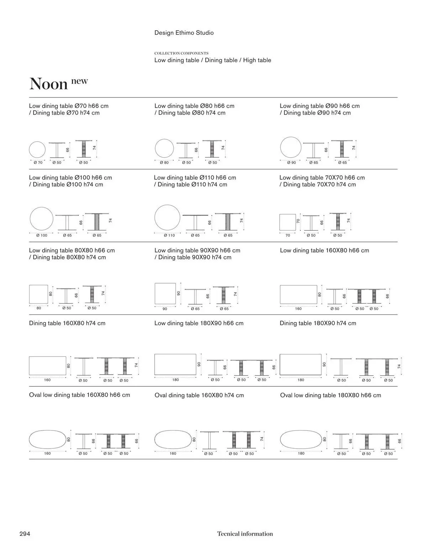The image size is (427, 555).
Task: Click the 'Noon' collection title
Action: [x=48, y=84]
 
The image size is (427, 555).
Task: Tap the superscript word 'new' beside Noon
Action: [x=79, y=81]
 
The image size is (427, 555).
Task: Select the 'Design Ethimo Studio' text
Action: [x=184, y=33]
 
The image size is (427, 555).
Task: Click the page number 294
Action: [x=25, y=534]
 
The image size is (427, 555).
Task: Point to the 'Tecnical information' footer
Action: [x=245, y=534]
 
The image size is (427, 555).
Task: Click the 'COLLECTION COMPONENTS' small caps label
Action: [x=181, y=53]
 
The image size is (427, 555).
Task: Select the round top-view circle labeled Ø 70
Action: [x=37, y=149]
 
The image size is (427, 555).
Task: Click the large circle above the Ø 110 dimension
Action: [x=167, y=217]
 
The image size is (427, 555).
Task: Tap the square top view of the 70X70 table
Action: [x=288, y=222]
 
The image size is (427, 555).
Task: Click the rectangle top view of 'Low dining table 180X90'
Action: [x=175, y=364]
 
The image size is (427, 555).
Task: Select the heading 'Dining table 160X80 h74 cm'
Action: [x=67, y=323]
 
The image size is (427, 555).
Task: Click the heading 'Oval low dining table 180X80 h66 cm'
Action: [x=330, y=395]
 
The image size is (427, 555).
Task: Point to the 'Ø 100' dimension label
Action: [x=42, y=235]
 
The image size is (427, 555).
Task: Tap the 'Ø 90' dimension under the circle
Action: [x=291, y=163]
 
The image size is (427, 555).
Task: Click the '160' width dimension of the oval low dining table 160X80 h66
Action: [x=47, y=453]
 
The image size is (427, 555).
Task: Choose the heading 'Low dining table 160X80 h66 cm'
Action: [x=325, y=250]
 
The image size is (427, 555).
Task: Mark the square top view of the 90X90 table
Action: [x=165, y=294]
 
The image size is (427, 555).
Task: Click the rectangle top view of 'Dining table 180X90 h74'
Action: [x=301, y=364]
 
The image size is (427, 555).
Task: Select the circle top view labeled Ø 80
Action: [x=164, y=148]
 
